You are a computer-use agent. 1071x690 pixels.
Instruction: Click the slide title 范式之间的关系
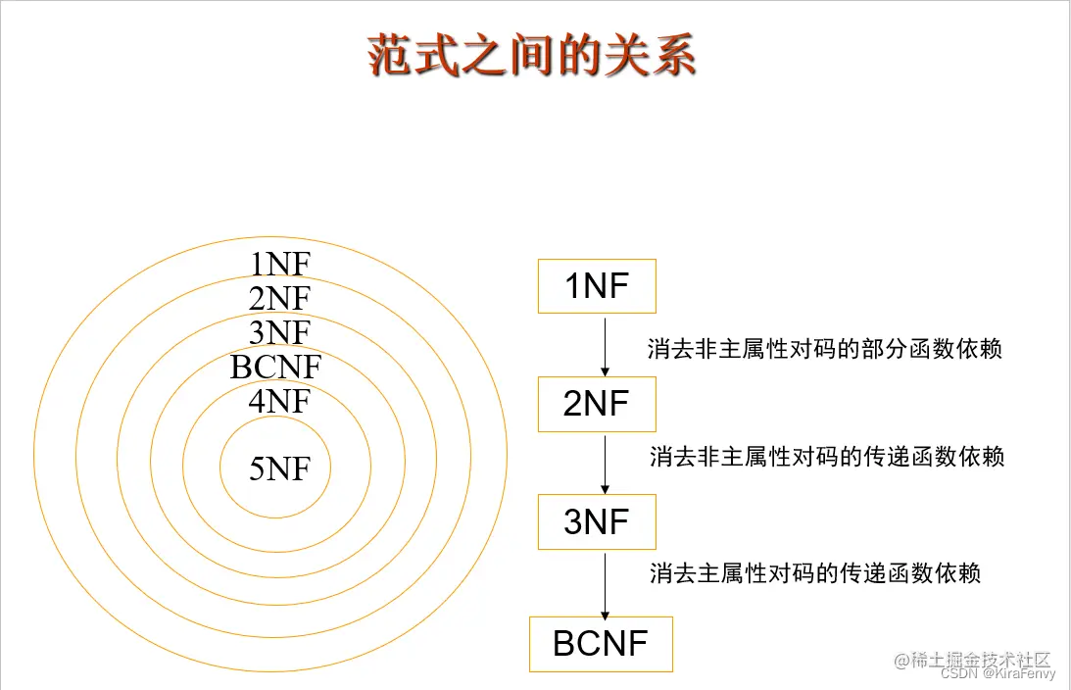coord(532,55)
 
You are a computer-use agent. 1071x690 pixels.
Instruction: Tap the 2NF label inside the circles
coord(279,298)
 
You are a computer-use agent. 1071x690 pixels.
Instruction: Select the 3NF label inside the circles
coord(279,332)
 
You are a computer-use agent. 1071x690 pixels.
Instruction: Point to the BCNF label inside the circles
coord(275,368)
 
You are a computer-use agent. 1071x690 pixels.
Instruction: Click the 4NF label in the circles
coord(279,401)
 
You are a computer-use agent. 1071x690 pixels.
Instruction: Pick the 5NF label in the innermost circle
coord(279,469)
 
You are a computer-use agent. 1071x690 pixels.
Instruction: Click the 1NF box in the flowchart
coord(597,286)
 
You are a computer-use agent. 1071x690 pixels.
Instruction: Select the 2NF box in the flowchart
coord(597,404)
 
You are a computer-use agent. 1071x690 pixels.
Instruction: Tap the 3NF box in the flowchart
coord(597,521)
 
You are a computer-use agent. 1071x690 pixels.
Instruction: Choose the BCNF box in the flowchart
coord(601,644)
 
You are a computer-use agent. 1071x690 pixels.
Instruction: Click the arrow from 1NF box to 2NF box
coord(606,345)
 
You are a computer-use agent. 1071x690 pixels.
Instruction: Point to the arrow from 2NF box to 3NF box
coord(606,463)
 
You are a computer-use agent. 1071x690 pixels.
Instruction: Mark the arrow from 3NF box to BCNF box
coord(606,584)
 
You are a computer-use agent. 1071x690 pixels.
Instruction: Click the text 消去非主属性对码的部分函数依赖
coord(825,349)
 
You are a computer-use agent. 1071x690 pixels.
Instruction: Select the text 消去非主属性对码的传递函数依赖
coord(827,457)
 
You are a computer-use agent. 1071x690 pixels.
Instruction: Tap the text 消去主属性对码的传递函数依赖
coord(815,573)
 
